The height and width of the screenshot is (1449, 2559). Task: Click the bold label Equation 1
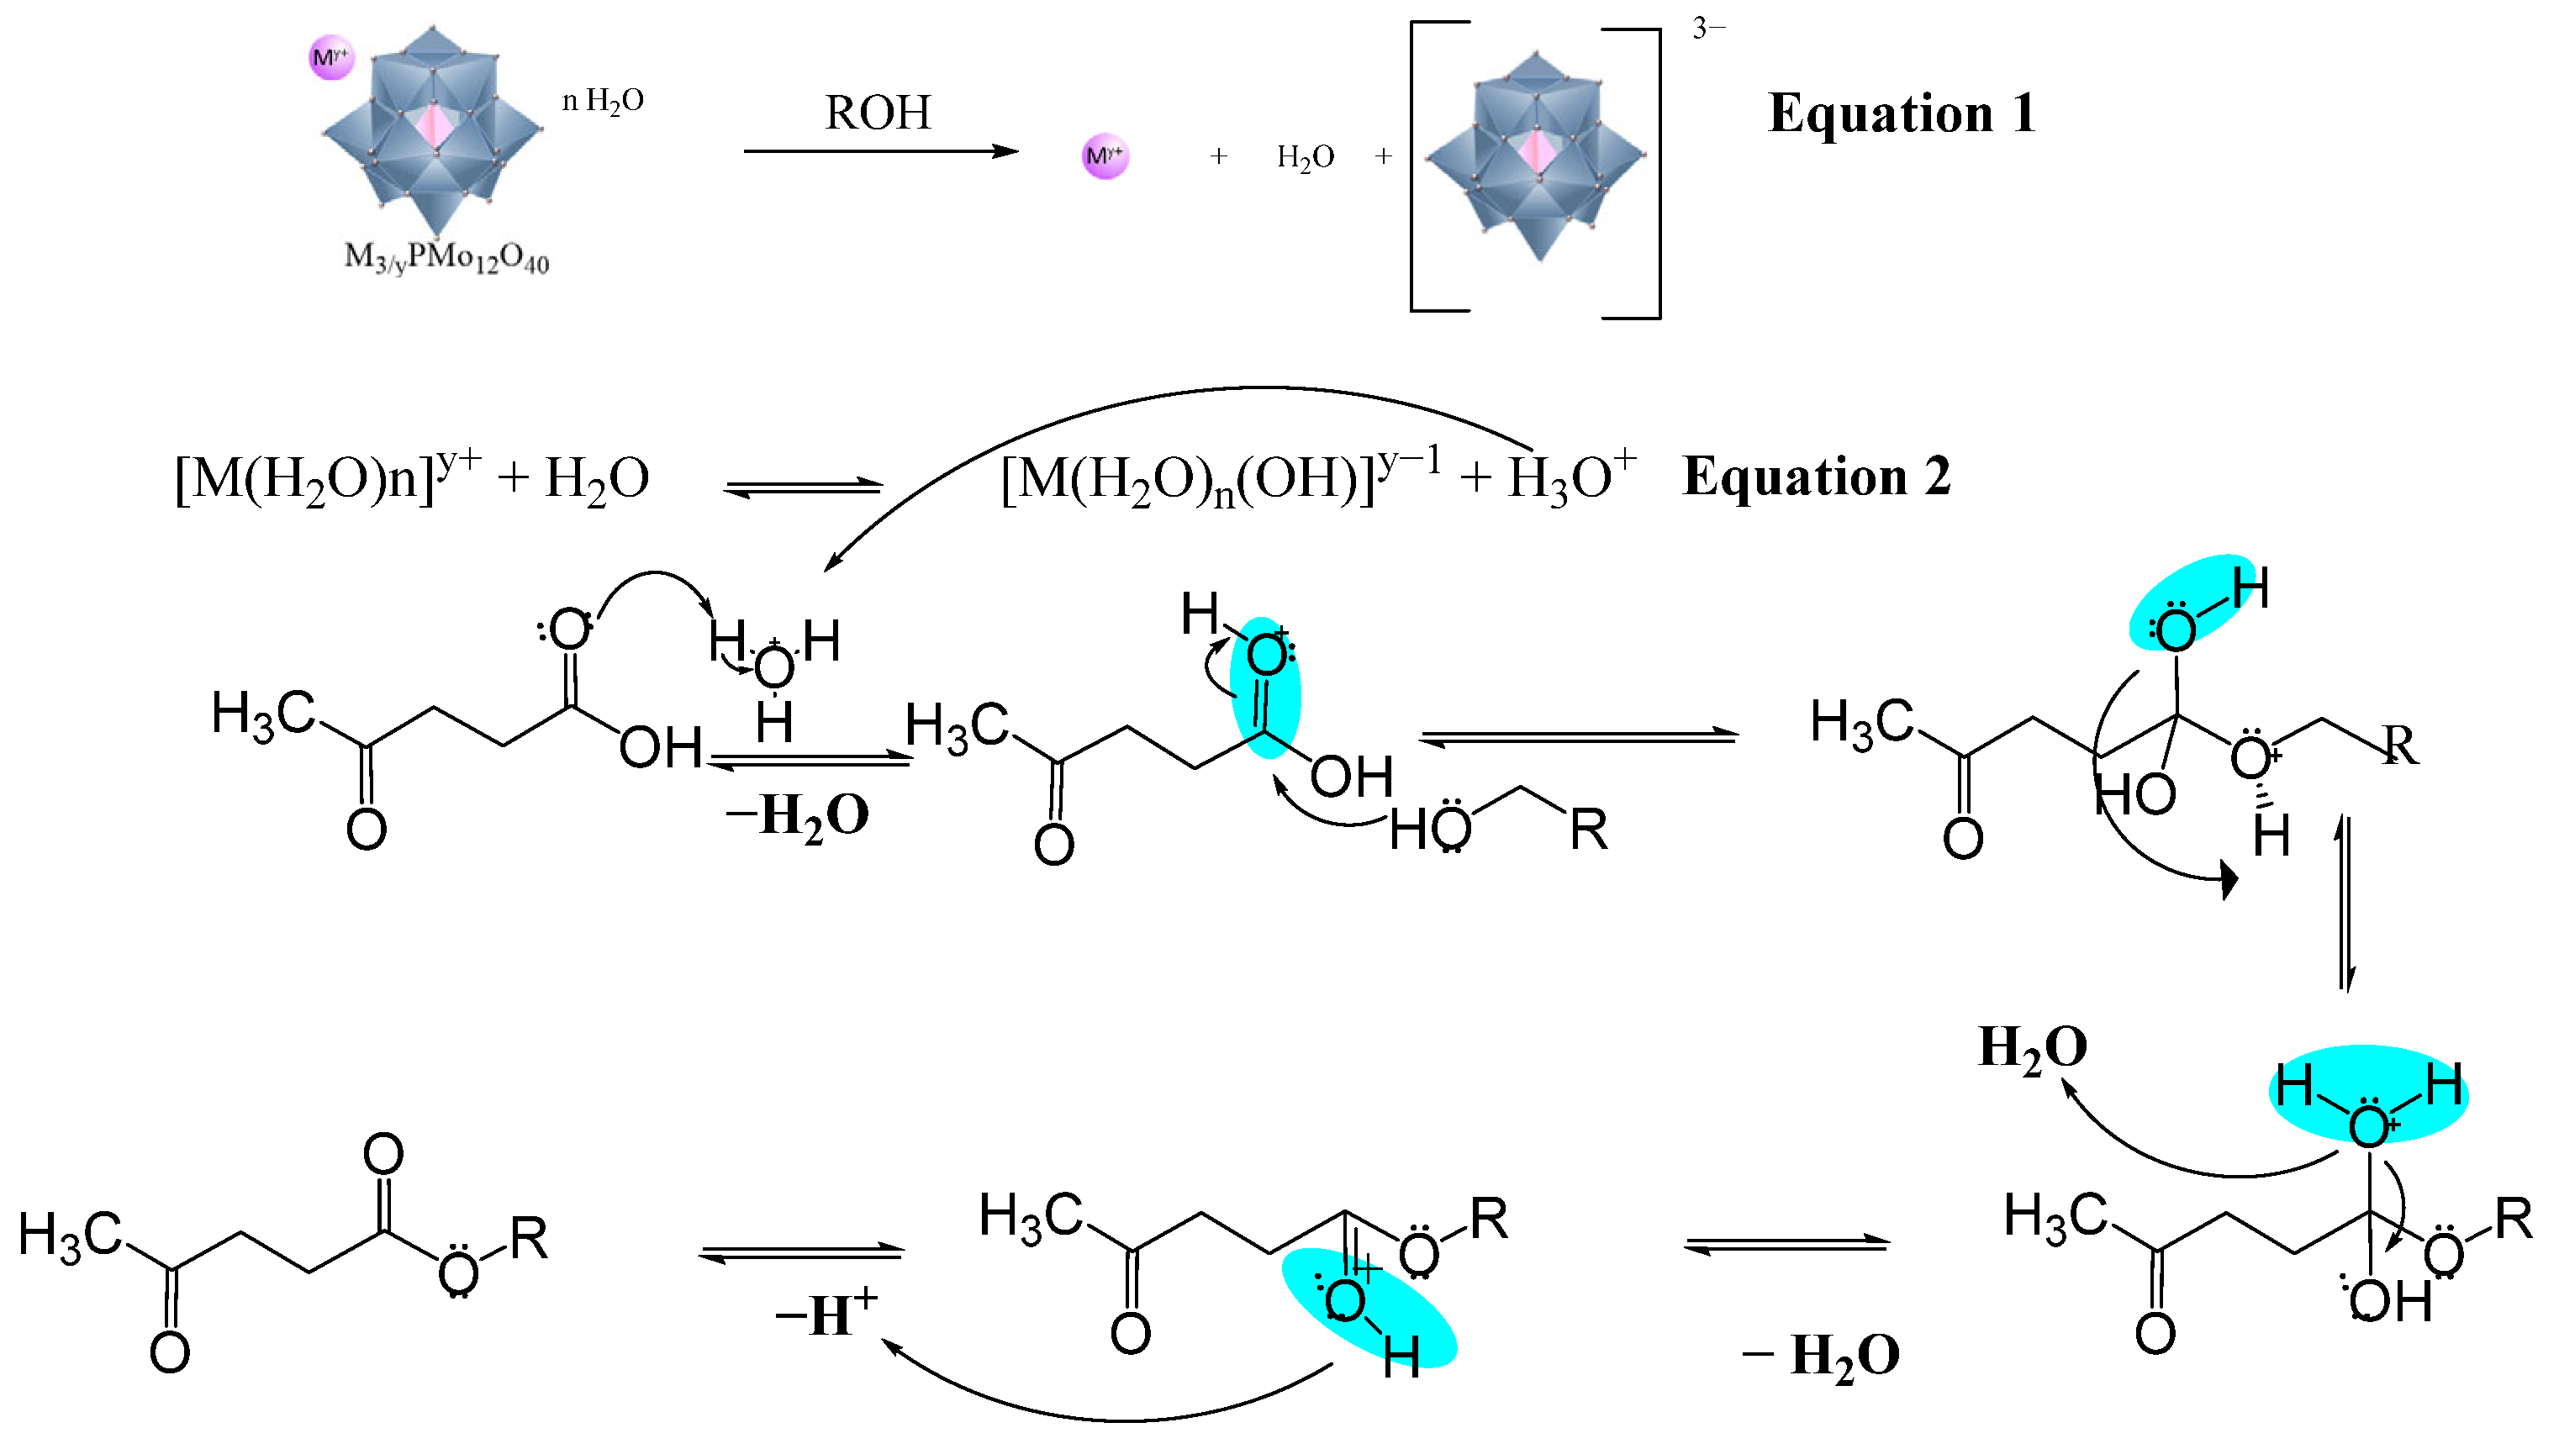pyautogui.click(x=1900, y=113)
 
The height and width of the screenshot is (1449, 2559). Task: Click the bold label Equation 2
pyautogui.click(x=1816, y=477)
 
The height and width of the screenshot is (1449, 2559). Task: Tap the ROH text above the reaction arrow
pyautogui.click(x=877, y=113)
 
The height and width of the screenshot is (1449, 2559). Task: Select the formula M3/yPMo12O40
pyautogui.click(x=446, y=258)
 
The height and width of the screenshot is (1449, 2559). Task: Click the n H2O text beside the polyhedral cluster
pyautogui.click(x=602, y=101)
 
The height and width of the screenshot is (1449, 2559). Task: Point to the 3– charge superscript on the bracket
pyautogui.click(x=1708, y=29)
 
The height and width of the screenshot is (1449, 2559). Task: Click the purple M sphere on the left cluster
pyautogui.click(x=330, y=58)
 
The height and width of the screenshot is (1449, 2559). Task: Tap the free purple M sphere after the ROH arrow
pyautogui.click(x=1105, y=156)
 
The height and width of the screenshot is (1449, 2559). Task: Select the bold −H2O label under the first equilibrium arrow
pyautogui.click(x=796, y=816)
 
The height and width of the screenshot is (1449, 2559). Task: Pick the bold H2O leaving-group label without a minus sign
pyautogui.click(x=2031, y=1048)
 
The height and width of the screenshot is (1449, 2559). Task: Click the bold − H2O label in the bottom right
pyautogui.click(x=1820, y=1356)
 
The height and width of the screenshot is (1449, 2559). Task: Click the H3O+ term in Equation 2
pyautogui.click(x=1570, y=477)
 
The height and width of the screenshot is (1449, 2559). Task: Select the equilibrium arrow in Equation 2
pyautogui.click(x=802, y=487)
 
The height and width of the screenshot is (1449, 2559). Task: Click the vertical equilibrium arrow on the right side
pyautogui.click(x=2345, y=904)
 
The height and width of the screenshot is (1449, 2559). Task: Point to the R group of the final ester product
pyautogui.click(x=529, y=1239)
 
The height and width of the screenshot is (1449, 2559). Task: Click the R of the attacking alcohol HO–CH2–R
pyautogui.click(x=1589, y=830)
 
